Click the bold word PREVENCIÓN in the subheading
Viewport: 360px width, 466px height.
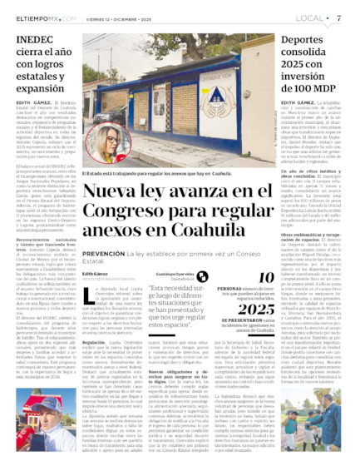click(104, 255)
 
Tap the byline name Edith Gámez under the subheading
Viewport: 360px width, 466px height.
click(94, 273)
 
